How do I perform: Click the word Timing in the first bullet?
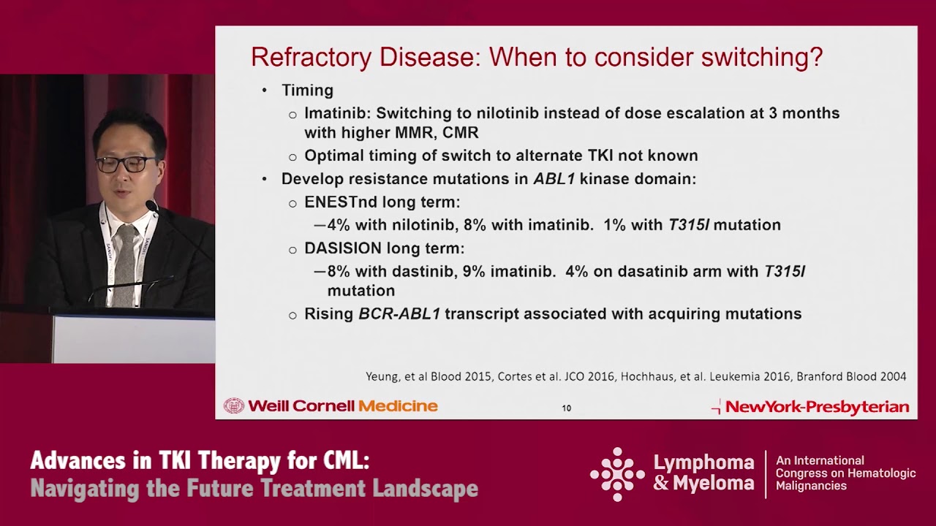[x=307, y=91]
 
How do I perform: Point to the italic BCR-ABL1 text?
[x=399, y=314]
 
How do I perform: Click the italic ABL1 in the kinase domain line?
[x=554, y=179]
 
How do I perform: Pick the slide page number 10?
[x=566, y=408]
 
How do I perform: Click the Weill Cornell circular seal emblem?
[x=233, y=406]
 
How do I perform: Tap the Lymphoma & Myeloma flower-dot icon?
[x=618, y=474]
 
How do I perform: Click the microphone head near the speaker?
[x=151, y=207]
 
